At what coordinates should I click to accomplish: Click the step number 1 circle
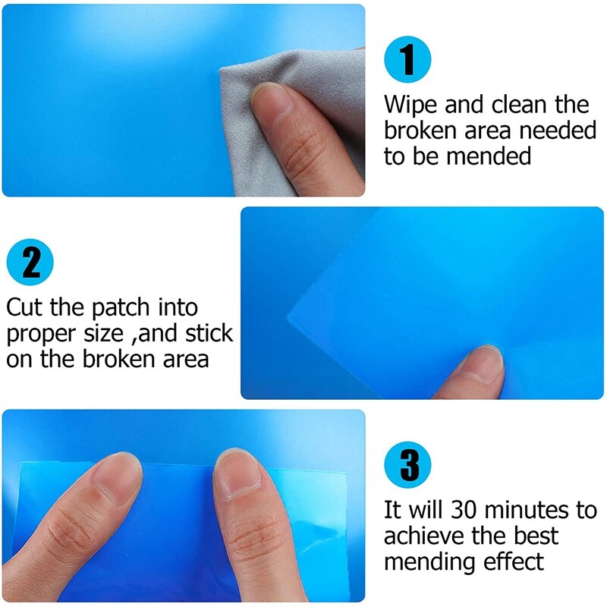point(408,58)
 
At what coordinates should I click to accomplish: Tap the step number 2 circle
point(30,262)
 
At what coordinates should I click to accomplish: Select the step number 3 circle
point(408,464)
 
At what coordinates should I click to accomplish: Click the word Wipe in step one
point(411,104)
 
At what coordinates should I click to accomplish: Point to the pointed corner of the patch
point(290,317)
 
